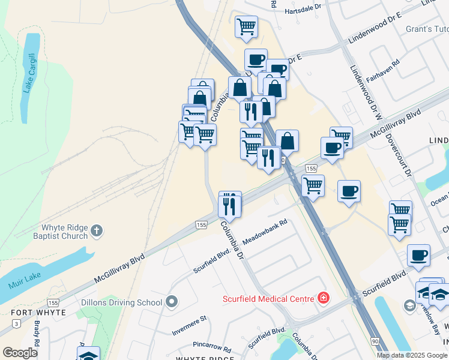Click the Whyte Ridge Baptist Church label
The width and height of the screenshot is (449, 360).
point(64,232)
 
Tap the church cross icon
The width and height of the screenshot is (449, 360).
point(97,230)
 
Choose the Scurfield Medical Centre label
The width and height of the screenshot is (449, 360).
point(268,299)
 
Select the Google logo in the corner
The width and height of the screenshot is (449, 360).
point(20,353)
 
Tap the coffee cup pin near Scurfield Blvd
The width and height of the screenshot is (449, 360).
point(418,255)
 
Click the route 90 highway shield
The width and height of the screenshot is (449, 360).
point(375,341)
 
